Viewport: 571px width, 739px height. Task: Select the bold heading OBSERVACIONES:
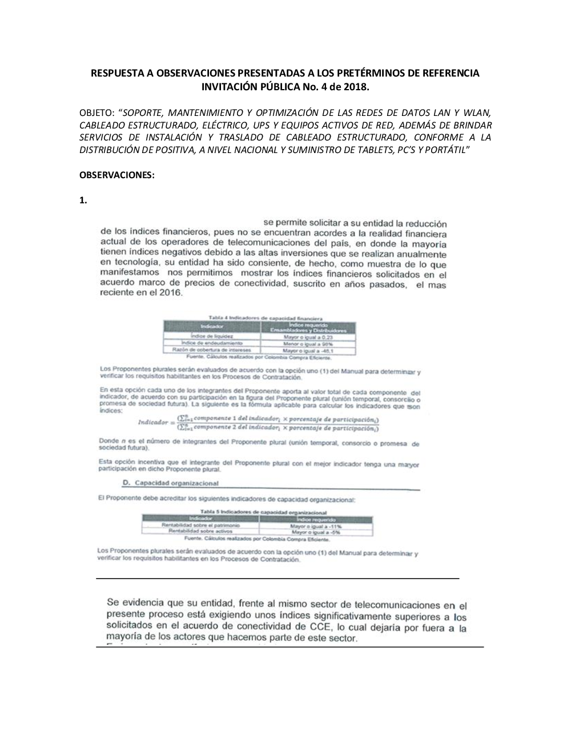click(116, 175)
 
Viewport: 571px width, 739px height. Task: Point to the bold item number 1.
click(83, 200)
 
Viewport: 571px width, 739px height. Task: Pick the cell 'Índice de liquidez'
click(211, 337)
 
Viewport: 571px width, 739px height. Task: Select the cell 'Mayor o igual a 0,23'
click(307, 337)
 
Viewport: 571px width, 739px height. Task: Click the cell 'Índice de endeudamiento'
click(211, 343)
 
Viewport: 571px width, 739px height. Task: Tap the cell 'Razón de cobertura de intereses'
click(211, 350)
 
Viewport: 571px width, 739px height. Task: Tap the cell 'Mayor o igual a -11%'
click(315, 525)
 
